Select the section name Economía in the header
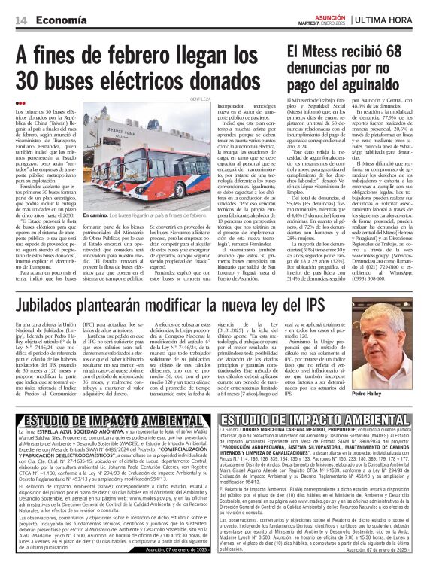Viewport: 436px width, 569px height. (x=57, y=20)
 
